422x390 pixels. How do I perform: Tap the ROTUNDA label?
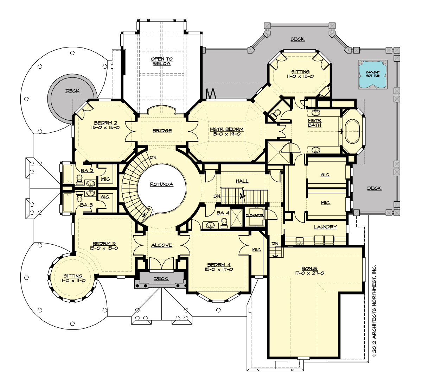point(161,184)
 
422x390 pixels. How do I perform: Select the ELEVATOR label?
point(255,215)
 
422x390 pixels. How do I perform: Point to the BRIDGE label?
point(162,131)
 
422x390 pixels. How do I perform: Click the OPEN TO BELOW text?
point(161,61)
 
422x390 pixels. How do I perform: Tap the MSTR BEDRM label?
point(226,129)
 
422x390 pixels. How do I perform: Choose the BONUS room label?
point(309,268)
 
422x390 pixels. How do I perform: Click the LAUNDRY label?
point(325,227)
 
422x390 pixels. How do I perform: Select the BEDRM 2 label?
point(105,123)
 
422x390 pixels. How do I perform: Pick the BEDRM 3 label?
point(104,244)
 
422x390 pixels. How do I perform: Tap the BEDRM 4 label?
point(219,265)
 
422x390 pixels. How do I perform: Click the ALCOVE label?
point(162,245)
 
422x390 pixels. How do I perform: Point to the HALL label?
point(242,181)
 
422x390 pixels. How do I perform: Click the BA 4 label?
point(223,213)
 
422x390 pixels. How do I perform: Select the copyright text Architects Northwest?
point(374,311)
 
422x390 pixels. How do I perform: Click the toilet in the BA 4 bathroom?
point(224,221)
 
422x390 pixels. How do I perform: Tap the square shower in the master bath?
point(278,152)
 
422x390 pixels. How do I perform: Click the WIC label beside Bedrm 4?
point(256,250)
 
